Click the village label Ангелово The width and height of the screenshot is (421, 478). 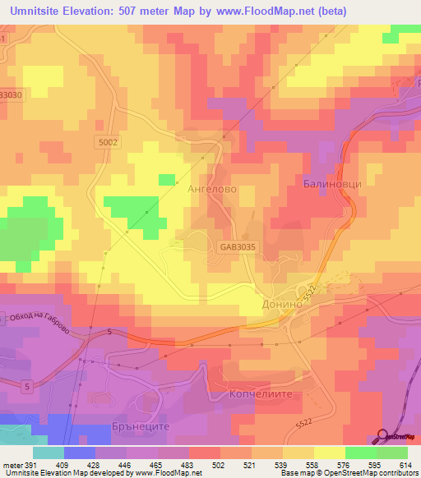coord(213,188)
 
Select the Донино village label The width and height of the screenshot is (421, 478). coord(282,302)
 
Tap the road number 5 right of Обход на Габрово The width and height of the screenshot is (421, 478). coord(109,331)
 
